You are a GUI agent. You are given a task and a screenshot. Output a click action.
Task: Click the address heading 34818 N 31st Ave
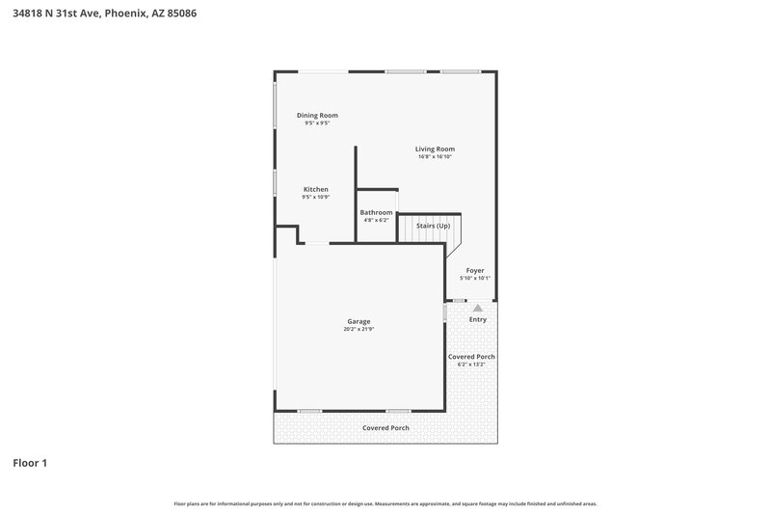point(100,14)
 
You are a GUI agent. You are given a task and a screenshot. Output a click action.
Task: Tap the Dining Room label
point(317,115)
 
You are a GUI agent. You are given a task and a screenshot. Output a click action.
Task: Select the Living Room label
point(435,149)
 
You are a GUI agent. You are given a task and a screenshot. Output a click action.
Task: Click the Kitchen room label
point(316,189)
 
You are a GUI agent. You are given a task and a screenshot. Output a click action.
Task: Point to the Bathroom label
point(376,212)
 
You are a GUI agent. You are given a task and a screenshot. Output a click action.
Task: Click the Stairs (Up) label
point(433,226)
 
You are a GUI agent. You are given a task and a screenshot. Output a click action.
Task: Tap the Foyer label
point(475,270)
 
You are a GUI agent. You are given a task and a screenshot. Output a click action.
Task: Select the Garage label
point(359,321)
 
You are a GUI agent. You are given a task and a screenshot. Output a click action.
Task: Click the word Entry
point(478,319)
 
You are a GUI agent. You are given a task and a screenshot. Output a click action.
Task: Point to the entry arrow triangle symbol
point(477,308)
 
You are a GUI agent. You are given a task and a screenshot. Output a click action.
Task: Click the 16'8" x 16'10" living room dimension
point(435,157)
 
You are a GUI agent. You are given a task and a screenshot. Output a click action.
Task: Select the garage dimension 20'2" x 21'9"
point(359,329)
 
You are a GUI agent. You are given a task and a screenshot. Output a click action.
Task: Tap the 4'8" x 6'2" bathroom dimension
point(376,220)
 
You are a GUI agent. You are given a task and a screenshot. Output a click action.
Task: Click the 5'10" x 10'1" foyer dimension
point(475,278)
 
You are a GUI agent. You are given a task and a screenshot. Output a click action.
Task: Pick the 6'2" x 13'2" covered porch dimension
point(471,365)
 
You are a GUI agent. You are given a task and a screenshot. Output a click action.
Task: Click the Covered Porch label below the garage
point(385,427)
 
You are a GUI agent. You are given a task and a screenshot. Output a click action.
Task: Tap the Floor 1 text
point(29,464)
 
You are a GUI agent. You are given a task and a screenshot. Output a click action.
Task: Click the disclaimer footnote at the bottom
point(385,503)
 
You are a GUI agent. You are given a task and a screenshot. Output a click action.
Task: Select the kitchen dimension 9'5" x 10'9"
point(316,197)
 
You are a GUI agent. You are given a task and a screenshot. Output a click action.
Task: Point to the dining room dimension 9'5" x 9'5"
point(317,123)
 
